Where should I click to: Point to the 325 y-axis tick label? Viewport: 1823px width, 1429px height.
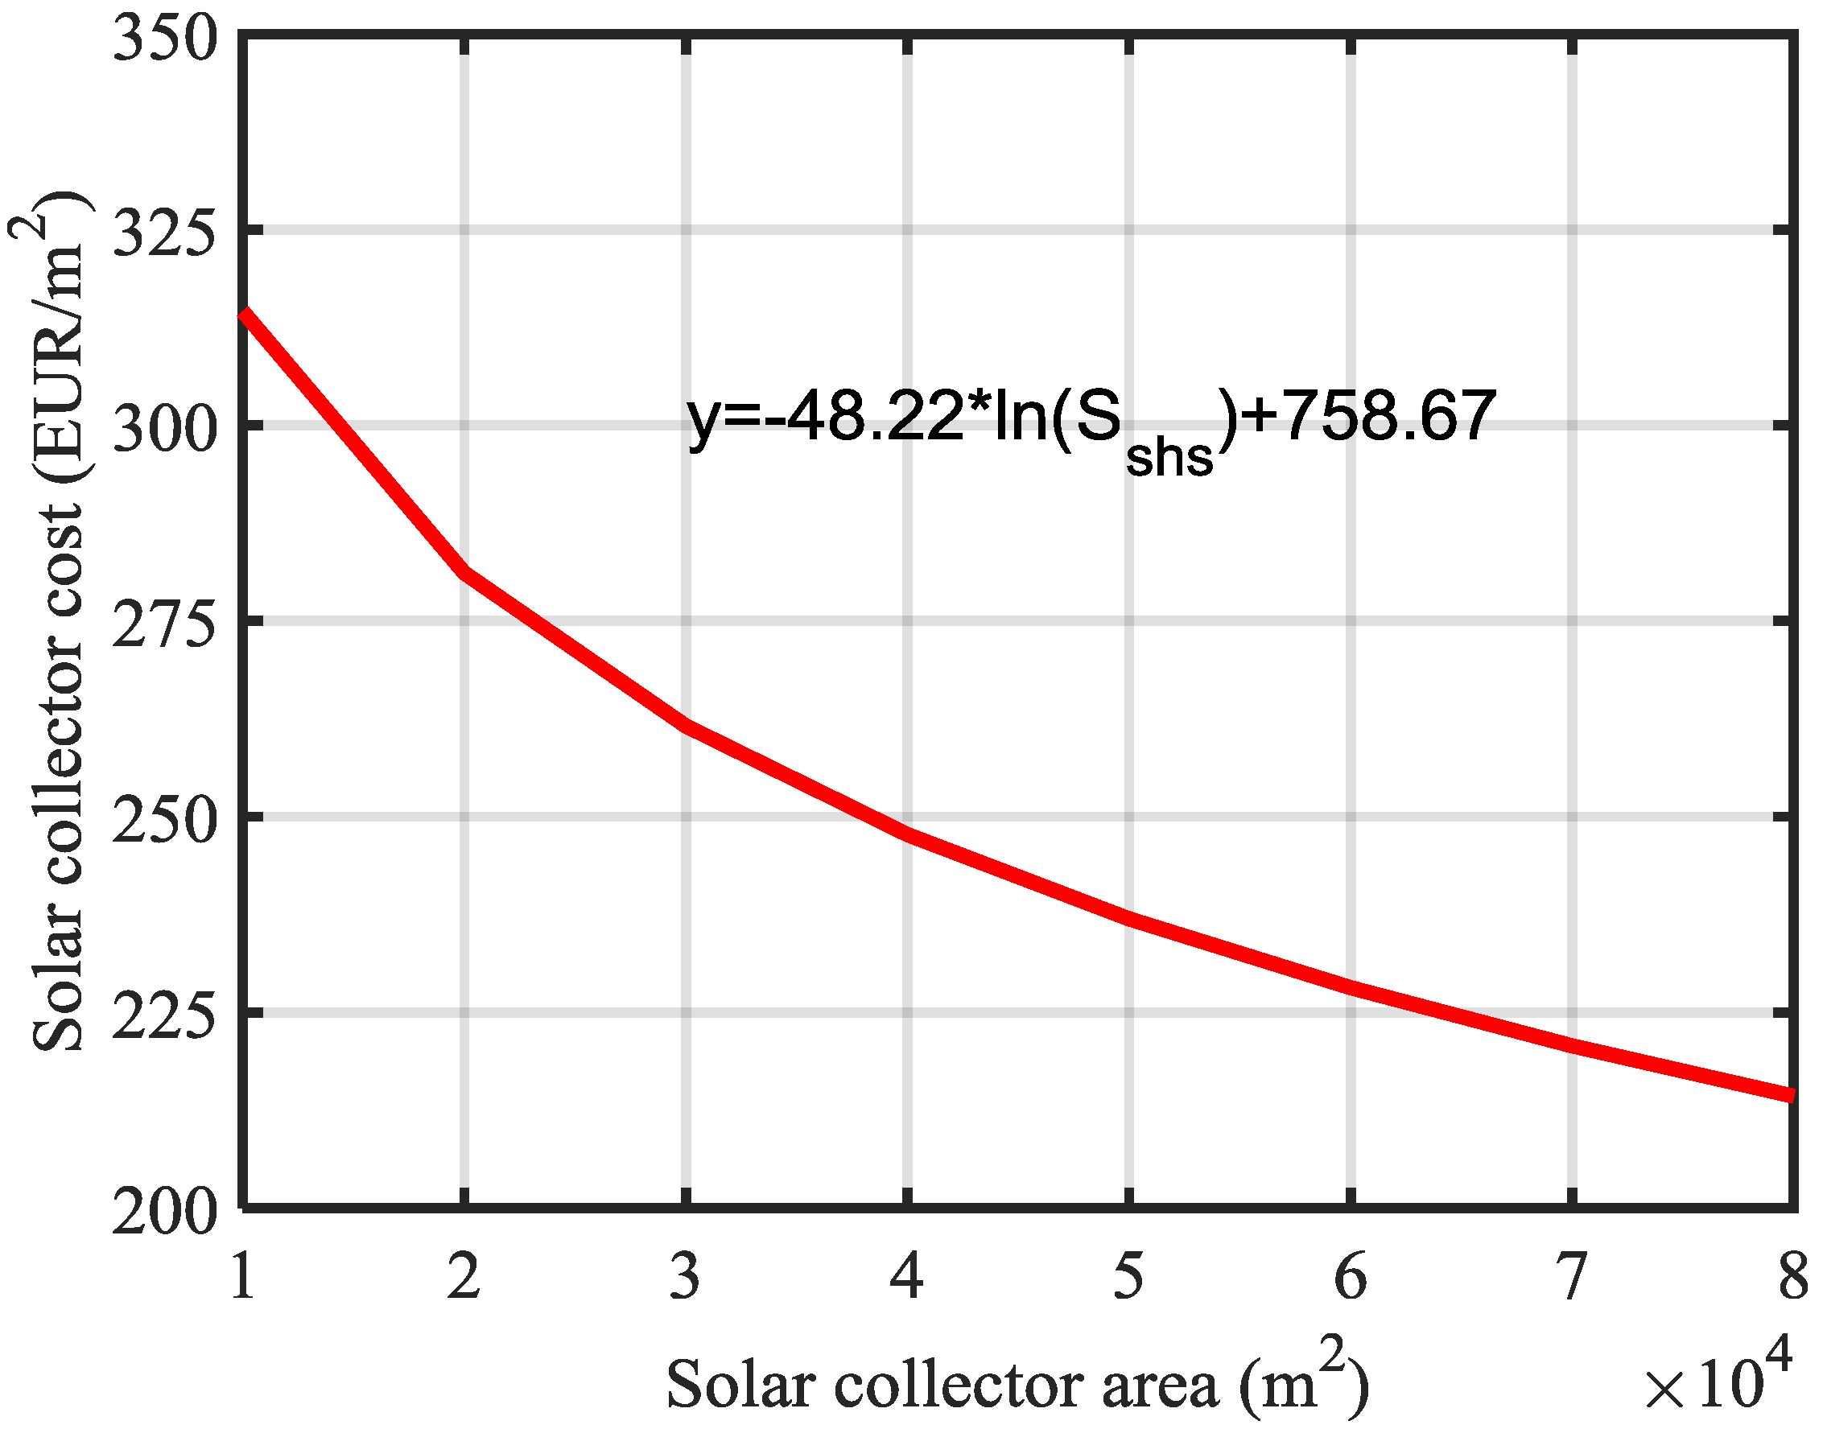point(164,233)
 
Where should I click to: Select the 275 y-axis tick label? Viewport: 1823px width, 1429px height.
point(164,626)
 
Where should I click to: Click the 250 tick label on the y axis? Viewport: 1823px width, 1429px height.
point(164,822)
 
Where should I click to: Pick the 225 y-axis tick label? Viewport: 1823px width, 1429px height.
point(164,1017)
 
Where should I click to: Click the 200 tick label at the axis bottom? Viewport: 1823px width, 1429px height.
point(164,1213)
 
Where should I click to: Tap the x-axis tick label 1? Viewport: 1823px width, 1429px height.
point(243,1277)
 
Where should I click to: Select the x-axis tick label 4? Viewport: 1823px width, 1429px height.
point(907,1277)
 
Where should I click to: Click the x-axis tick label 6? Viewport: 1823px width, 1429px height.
point(1350,1277)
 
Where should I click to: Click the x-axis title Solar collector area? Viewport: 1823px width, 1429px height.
point(1017,1385)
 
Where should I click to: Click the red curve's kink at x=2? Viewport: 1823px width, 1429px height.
point(464,572)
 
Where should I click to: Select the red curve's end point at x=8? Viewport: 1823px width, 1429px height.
point(1790,1096)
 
